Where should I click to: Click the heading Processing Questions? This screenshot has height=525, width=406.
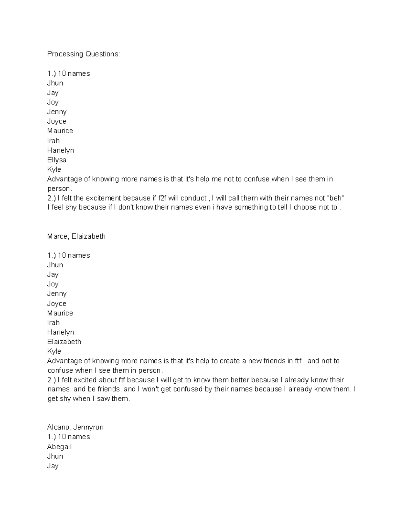[x=83, y=54]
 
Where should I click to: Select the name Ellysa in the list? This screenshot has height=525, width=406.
[x=57, y=160]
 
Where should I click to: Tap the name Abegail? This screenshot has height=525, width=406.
[x=59, y=447]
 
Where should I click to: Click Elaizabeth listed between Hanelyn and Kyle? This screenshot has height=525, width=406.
[x=64, y=342]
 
